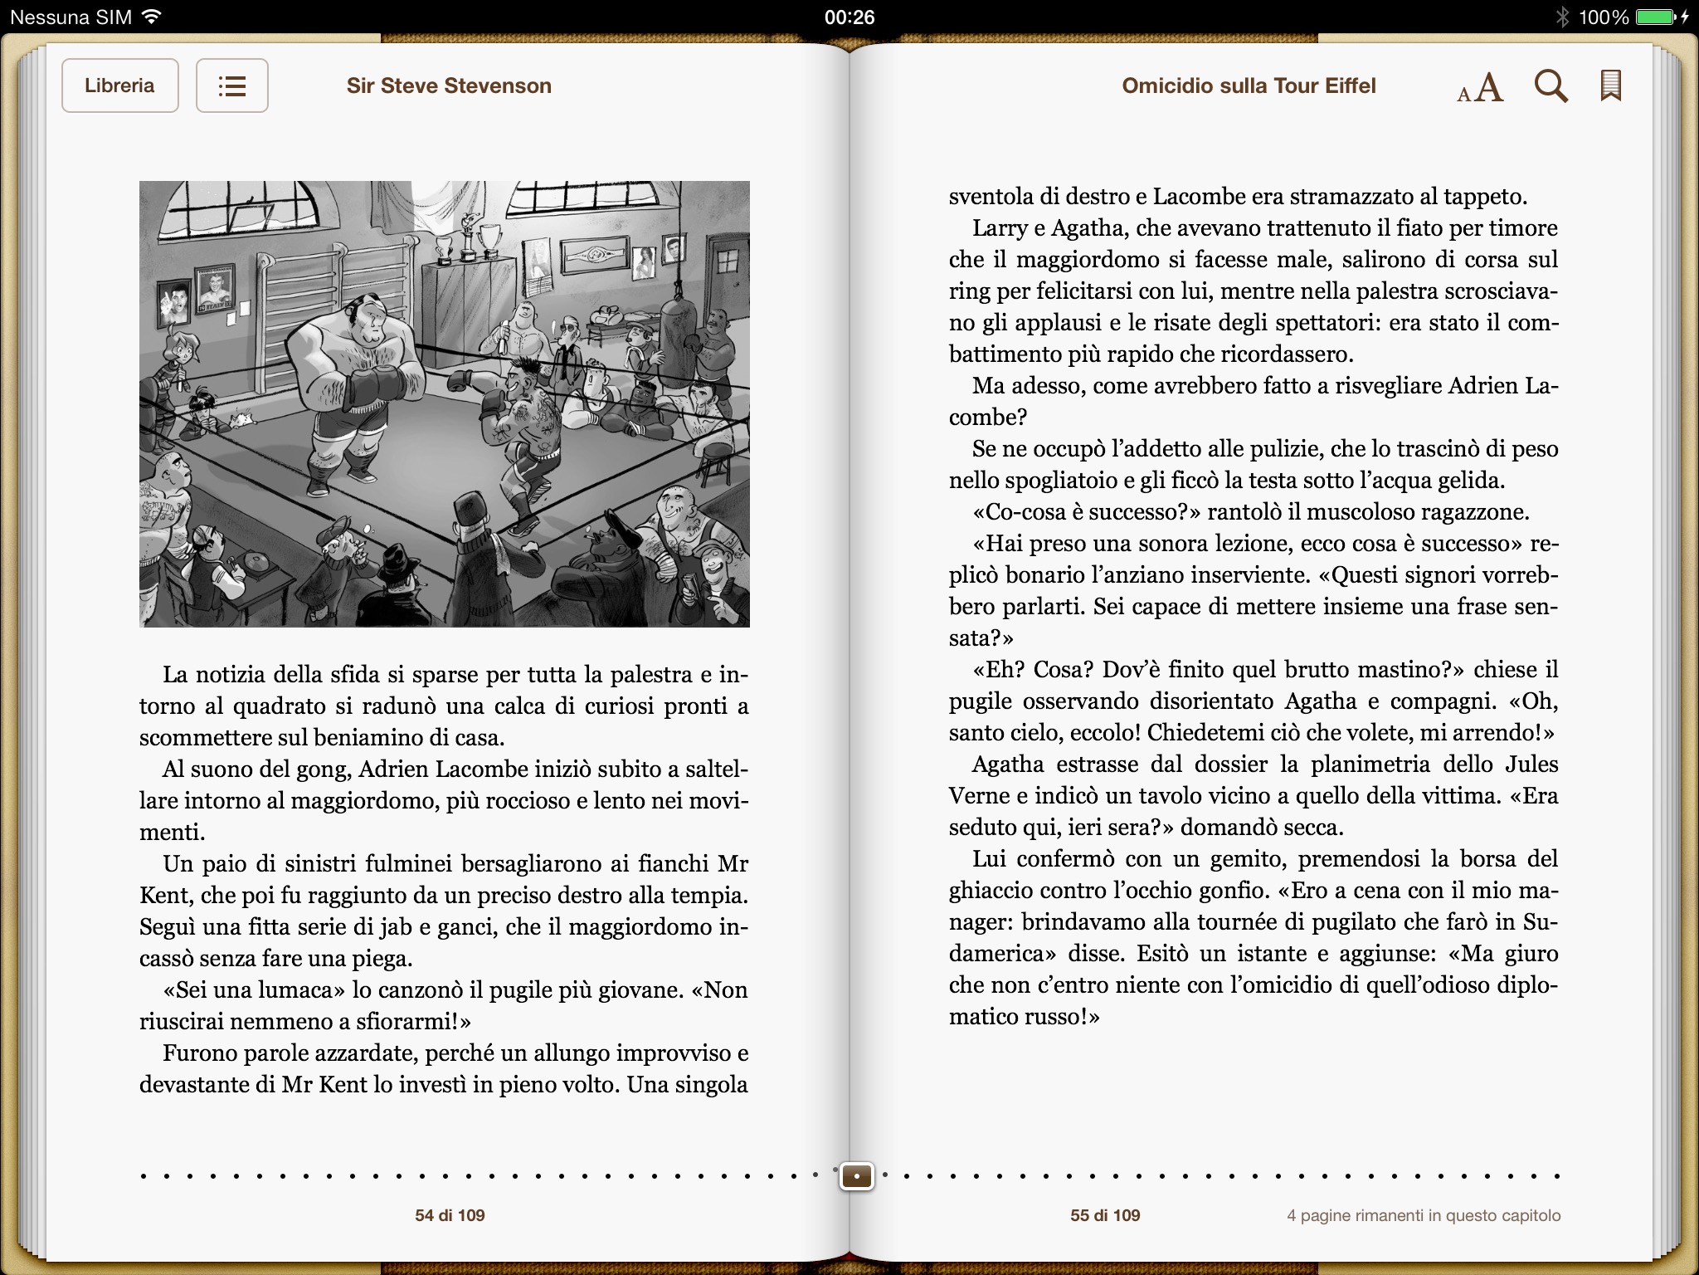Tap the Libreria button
[119, 85]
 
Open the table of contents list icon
[231, 85]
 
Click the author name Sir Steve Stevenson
[449, 85]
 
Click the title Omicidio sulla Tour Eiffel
[1249, 85]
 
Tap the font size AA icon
[1480, 87]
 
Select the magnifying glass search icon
[1551, 85]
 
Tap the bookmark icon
[1610, 85]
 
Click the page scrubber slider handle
[856, 1176]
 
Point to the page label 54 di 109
[450, 1215]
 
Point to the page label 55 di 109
[1105, 1215]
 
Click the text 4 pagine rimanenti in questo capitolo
[1424, 1215]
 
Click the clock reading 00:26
[849, 17]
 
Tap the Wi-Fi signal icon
[151, 17]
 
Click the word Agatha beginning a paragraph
[1010, 764]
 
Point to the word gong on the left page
[326, 769]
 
